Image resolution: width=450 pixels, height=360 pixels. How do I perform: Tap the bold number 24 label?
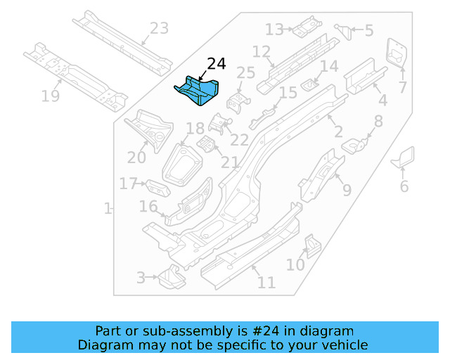216,64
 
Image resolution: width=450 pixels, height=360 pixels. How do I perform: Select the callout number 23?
160,28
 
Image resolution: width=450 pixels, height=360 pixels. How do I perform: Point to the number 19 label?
51,96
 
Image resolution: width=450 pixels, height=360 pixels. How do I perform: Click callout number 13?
274,30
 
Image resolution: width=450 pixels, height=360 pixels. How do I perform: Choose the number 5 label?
368,30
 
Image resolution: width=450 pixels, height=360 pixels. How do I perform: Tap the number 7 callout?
403,87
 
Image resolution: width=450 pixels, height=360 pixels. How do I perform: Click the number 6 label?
404,186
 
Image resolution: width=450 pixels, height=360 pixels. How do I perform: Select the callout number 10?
295,264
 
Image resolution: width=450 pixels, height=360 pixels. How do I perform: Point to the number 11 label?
266,283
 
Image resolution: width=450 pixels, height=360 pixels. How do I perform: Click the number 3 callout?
141,278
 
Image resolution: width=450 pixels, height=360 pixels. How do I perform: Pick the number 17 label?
128,184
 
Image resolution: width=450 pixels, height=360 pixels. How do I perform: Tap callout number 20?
137,157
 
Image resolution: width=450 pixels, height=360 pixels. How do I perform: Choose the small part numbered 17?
158,189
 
